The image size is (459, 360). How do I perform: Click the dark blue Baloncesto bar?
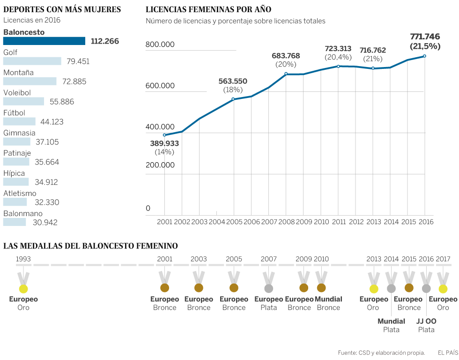tap(44, 41)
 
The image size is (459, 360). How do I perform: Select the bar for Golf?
tap(32, 61)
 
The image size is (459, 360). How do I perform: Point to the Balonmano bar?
tap(15, 222)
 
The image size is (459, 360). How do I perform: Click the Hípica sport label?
tap(14, 173)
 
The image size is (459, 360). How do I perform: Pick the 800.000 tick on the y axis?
tap(160, 45)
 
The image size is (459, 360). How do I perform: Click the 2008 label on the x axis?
tap(286, 222)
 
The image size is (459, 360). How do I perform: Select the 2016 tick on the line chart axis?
tap(425, 222)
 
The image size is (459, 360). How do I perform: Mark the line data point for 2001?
tap(164, 135)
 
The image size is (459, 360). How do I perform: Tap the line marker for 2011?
tap(338, 66)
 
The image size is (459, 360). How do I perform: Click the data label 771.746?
tap(425, 37)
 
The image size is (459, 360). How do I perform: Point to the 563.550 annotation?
tap(233, 81)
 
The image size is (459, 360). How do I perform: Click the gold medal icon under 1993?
tap(23, 289)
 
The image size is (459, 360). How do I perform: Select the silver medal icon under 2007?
tap(268, 288)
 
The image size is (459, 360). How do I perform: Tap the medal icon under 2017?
tap(443, 289)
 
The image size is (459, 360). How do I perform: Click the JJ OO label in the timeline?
tap(426, 322)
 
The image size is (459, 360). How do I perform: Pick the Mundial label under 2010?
tap(328, 299)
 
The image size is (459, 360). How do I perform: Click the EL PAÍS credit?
tap(448, 352)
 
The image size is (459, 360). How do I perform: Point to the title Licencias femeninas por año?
tap(208, 9)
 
